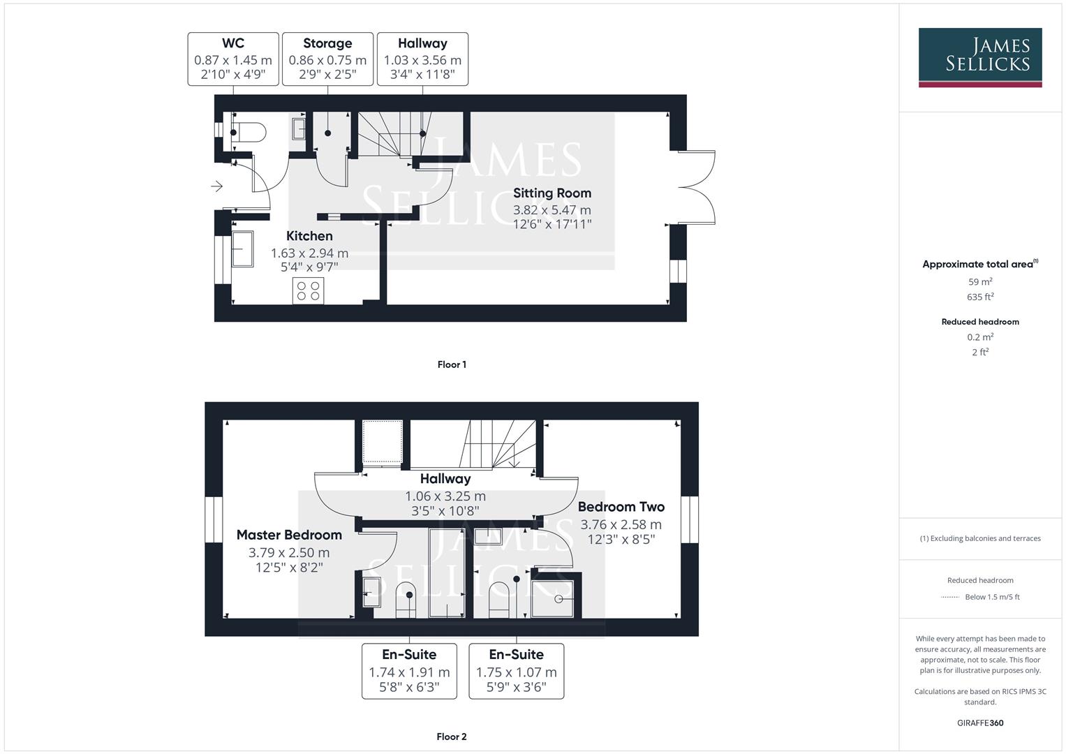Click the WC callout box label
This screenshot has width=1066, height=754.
click(233, 43)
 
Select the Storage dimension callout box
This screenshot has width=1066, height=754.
click(327, 59)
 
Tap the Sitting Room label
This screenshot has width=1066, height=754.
click(552, 193)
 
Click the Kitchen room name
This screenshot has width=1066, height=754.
click(309, 236)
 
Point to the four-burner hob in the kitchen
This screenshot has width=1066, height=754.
click(308, 290)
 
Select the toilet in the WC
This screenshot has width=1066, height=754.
click(249, 132)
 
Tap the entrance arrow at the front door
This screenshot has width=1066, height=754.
click(217, 186)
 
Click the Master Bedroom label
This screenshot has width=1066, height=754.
click(289, 535)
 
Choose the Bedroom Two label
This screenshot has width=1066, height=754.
click(621, 507)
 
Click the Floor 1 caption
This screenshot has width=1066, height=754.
click(452, 364)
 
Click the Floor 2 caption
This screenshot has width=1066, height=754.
click(452, 737)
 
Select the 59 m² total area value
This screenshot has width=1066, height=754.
click(980, 282)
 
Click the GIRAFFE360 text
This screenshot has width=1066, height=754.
click(980, 723)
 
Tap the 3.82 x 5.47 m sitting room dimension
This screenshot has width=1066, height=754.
click(552, 210)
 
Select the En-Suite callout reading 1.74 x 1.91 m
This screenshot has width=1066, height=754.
click(409, 671)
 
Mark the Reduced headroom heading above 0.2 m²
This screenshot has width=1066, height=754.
click(980, 322)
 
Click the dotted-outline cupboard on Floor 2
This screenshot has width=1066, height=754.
click(382, 441)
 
